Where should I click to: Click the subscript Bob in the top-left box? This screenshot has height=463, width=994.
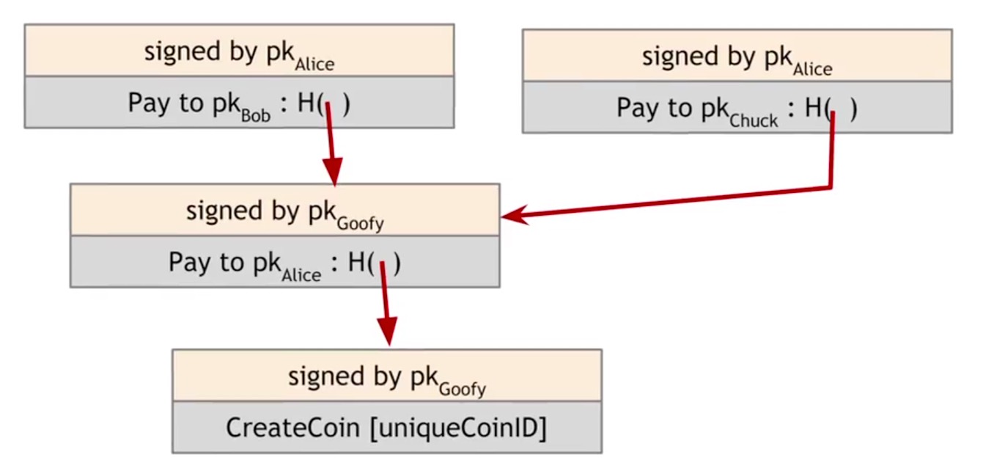[254, 115]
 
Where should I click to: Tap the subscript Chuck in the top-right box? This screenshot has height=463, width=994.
[754, 121]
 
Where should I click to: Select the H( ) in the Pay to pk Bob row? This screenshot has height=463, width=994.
[323, 103]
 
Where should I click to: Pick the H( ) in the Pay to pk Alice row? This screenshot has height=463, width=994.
[374, 262]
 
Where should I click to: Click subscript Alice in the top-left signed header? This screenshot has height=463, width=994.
[314, 65]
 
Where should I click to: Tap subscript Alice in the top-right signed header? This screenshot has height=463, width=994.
[812, 70]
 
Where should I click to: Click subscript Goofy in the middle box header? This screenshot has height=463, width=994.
[360, 224]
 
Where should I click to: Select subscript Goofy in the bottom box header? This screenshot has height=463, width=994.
[462, 389]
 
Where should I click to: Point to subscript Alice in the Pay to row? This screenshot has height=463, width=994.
[301, 275]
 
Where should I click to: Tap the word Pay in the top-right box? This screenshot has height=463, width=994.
[635, 109]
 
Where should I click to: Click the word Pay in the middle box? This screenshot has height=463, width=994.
[188, 262]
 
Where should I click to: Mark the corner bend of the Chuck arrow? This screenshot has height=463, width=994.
[831, 187]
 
